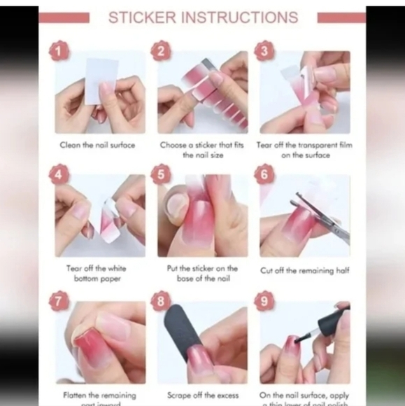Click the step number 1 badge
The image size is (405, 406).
tap(59, 50)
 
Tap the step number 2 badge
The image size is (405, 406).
tap(162, 50)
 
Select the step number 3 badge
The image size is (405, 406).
tap(264, 50)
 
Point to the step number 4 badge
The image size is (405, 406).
tap(59, 174)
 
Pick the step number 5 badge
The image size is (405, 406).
tap(162, 174)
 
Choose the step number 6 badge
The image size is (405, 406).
tap(264, 174)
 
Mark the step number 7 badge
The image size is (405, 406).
tap(59, 300)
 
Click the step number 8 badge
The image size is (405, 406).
tap(162, 300)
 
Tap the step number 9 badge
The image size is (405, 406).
tap(264, 300)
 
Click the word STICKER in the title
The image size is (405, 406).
tap(143, 17)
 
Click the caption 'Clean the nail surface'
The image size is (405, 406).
tap(97, 145)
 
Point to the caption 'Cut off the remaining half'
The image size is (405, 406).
tap(304, 270)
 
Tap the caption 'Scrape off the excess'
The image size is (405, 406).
tap(203, 395)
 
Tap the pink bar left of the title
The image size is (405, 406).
tap(64, 17)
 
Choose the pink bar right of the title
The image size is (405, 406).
tap(341, 17)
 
